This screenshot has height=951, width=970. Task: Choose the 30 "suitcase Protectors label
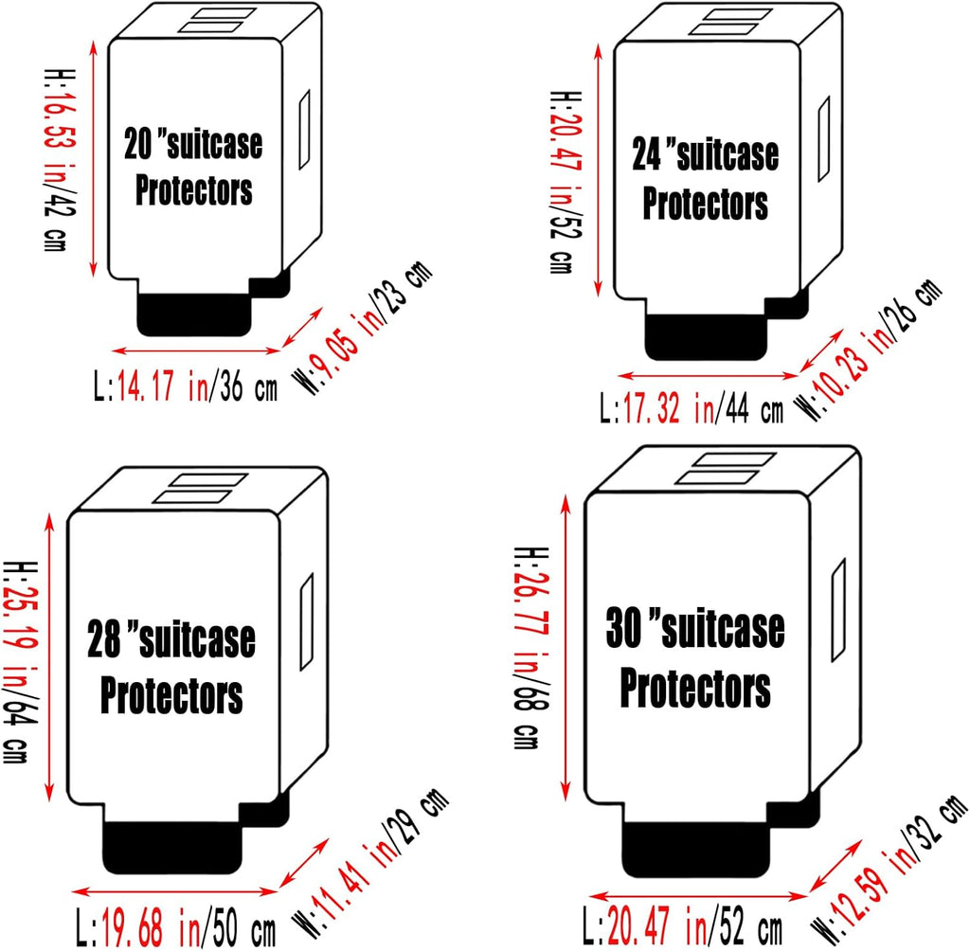coord(695,658)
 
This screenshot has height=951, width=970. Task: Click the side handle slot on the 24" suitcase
coord(823,142)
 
